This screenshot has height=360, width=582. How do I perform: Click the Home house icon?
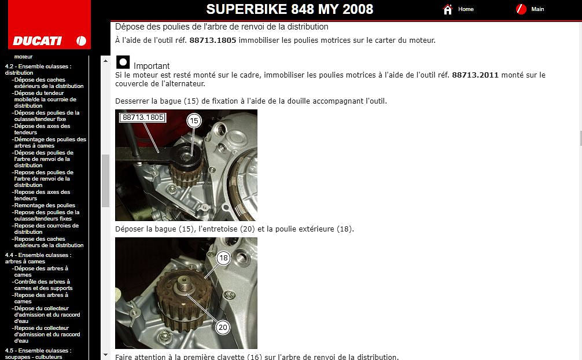[448, 9]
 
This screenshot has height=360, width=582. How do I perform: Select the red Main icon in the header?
[521, 9]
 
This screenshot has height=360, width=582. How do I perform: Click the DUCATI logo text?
[37, 41]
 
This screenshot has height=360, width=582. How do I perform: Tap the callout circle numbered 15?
[194, 121]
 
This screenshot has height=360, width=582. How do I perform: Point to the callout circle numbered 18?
[223, 258]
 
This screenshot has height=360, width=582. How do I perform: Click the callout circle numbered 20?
[223, 328]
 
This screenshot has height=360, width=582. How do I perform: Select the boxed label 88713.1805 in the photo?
[143, 117]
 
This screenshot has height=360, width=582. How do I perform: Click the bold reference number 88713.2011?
[475, 75]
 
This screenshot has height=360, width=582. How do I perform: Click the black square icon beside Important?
[123, 62]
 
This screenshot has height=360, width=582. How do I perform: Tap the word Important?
[152, 66]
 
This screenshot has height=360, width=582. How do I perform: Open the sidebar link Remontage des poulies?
[45, 205]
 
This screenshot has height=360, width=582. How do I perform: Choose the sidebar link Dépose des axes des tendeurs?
[42, 129]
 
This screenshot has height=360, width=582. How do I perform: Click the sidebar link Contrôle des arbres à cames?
[43, 285]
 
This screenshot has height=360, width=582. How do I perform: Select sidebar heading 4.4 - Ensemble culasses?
[38, 258]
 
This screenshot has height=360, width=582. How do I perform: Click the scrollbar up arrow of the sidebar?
[105, 61]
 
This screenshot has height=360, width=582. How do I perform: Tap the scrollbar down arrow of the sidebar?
[105, 355]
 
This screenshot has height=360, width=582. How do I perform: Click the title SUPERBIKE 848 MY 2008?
[289, 9]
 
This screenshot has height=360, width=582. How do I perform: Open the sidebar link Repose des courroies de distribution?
[46, 229]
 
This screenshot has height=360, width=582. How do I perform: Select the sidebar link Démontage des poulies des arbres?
[50, 142]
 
